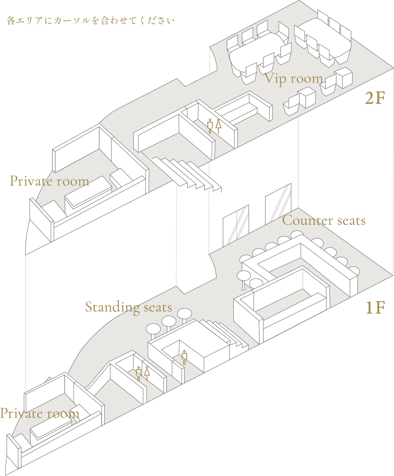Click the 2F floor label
375,98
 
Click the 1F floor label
375,308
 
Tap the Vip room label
294,79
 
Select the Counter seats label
324,221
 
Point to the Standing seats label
129,308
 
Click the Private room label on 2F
49,181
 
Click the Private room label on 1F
40,413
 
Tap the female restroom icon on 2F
218,126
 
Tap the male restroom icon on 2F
210,126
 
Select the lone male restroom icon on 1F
185,357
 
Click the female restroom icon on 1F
147,374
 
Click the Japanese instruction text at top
91,21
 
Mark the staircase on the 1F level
224,334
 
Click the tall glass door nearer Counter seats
278,204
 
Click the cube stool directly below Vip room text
306,97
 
